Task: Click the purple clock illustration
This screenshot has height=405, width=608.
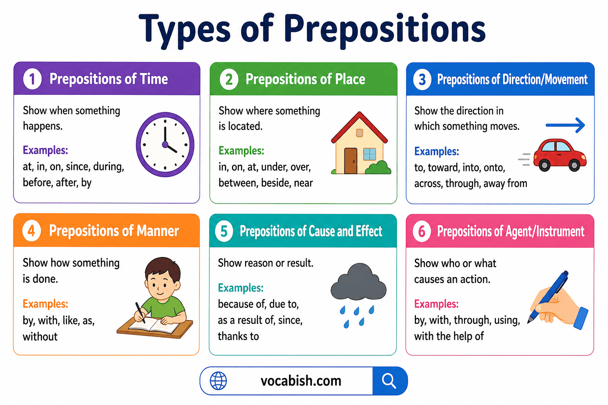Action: [x=165, y=144]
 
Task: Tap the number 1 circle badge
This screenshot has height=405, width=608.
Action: [x=32, y=79]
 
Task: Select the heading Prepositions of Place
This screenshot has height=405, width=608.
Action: [x=305, y=79]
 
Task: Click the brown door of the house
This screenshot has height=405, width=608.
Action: [x=350, y=161]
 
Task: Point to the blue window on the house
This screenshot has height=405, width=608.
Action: [x=369, y=153]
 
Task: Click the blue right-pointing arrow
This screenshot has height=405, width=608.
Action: [x=565, y=125]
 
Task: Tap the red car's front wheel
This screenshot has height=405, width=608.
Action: [x=574, y=165]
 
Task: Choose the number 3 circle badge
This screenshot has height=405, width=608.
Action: [x=422, y=79]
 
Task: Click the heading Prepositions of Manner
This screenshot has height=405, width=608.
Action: [x=114, y=231]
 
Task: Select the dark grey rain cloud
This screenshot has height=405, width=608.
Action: [x=358, y=283]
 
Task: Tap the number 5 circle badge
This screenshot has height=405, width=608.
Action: [x=224, y=231]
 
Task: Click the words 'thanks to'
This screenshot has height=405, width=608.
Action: [x=238, y=336]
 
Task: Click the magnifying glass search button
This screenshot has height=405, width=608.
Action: [x=389, y=381]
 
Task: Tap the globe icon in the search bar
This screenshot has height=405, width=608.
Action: [x=218, y=381]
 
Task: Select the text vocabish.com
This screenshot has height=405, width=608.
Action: [x=301, y=381]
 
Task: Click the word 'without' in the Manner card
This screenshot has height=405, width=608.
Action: [x=40, y=337]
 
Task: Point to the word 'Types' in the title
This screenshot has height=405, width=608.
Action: [x=184, y=28]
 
